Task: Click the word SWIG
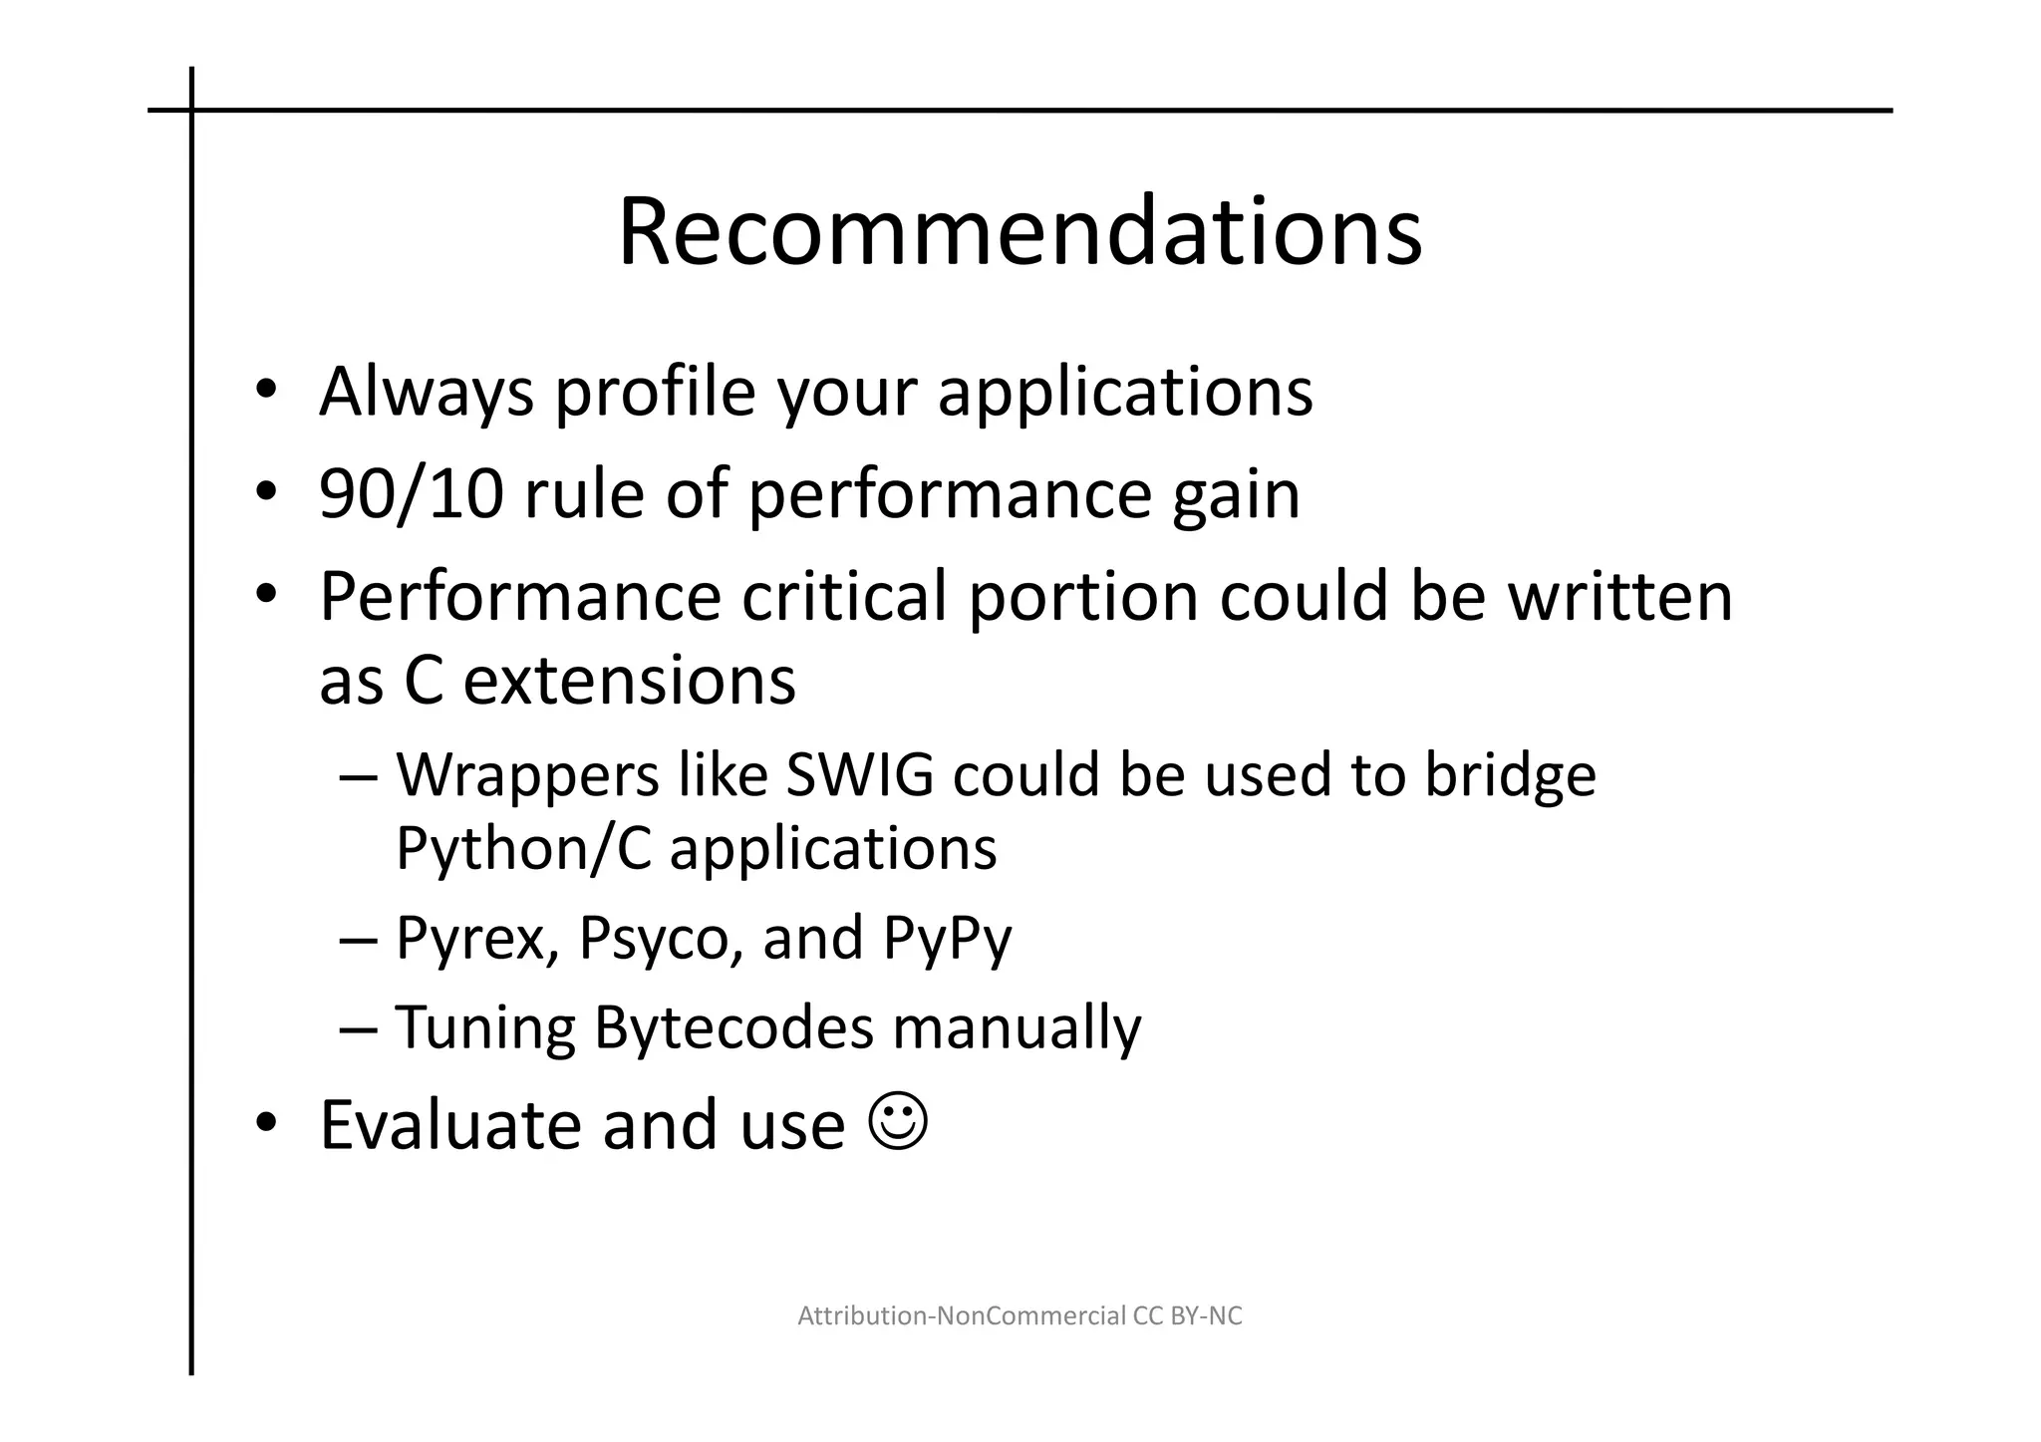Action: (x=859, y=774)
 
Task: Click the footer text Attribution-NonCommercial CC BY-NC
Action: (x=1020, y=1316)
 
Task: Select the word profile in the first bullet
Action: (x=655, y=391)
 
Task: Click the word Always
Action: (x=427, y=393)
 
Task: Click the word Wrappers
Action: (x=527, y=776)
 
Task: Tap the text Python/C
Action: (x=523, y=849)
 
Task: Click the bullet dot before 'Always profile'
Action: (x=264, y=391)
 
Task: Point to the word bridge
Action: (x=1509, y=776)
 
